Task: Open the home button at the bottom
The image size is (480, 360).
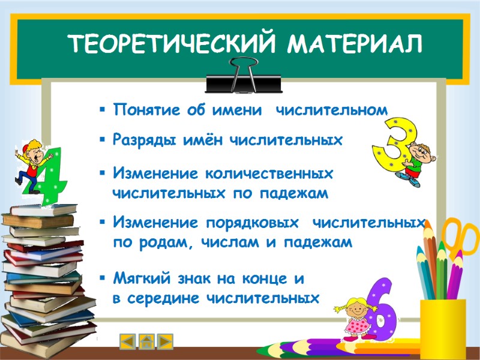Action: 146,341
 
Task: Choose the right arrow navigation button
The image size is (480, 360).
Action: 165,341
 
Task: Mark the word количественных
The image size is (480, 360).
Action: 269,173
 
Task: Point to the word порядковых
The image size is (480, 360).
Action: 252,223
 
